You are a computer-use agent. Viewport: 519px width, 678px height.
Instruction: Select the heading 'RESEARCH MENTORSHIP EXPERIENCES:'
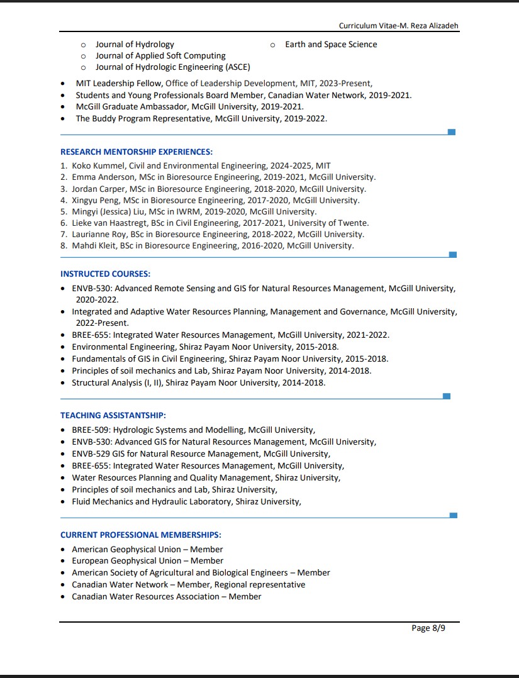tap(137, 152)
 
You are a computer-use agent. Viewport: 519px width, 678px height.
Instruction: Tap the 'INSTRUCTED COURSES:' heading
tap(105, 274)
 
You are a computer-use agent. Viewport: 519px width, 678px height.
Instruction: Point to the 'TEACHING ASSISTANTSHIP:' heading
tap(113, 415)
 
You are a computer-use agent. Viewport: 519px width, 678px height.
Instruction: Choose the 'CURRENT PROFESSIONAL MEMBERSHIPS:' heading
tap(140, 535)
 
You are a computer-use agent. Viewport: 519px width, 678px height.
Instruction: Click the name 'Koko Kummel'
tap(98, 165)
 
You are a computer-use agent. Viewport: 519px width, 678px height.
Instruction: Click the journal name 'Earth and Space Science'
tap(331, 44)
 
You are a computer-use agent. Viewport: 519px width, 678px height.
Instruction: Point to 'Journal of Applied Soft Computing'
tap(160, 55)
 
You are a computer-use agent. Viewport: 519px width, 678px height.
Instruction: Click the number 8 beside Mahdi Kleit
tap(64, 245)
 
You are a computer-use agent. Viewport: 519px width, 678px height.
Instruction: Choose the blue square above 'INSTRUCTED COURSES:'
tap(452, 254)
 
